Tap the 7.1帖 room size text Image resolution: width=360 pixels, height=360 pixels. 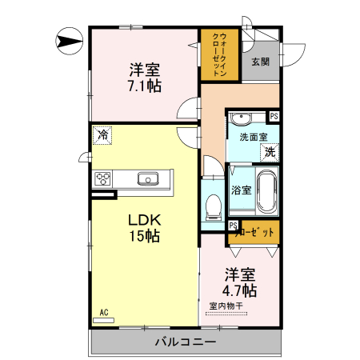coord(143,83)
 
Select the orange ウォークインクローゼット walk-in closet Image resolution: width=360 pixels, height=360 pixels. coord(216,54)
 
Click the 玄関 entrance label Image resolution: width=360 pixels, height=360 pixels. coord(261,62)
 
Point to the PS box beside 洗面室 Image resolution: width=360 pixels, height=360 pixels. coord(274,117)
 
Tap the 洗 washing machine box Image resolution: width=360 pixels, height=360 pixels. coord(270,150)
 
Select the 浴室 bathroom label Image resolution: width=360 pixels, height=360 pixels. coord(242,190)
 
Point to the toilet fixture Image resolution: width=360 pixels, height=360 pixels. coord(213,206)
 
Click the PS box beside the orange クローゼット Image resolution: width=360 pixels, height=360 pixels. coord(232,226)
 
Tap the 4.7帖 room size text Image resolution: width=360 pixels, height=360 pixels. coord(240,290)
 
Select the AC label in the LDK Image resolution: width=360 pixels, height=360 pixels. coord(104,312)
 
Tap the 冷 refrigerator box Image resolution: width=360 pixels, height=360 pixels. coord(102,135)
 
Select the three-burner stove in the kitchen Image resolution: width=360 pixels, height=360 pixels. coord(104,178)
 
